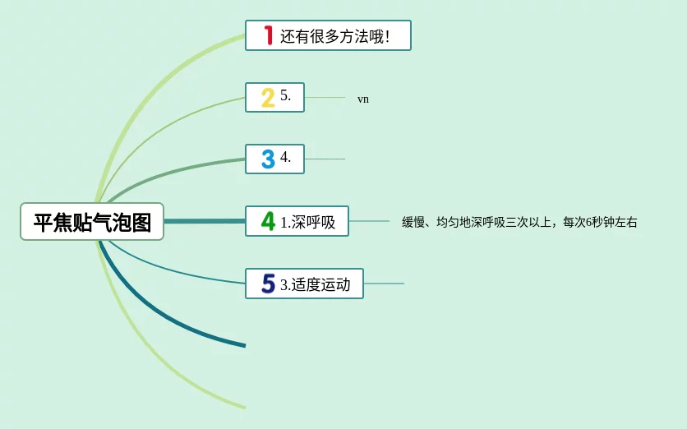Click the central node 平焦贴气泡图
[92, 222]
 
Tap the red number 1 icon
[268, 35]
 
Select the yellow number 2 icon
[268, 98]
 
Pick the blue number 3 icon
[268, 159]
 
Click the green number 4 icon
[268, 221]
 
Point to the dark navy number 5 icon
[268, 284]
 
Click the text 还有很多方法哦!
[334, 36]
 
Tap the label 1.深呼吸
[307, 222]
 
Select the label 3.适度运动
[315, 284]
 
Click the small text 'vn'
[362, 99]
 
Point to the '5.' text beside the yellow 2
[285, 95]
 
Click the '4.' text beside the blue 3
[285, 156]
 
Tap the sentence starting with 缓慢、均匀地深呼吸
[519, 222]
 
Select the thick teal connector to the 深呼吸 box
[205, 221]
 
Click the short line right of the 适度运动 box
[384, 284]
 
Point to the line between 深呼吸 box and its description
[369, 221]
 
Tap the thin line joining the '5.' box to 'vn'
[325, 97]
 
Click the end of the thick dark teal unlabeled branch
[246, 346]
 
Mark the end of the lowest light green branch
[246, 408]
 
